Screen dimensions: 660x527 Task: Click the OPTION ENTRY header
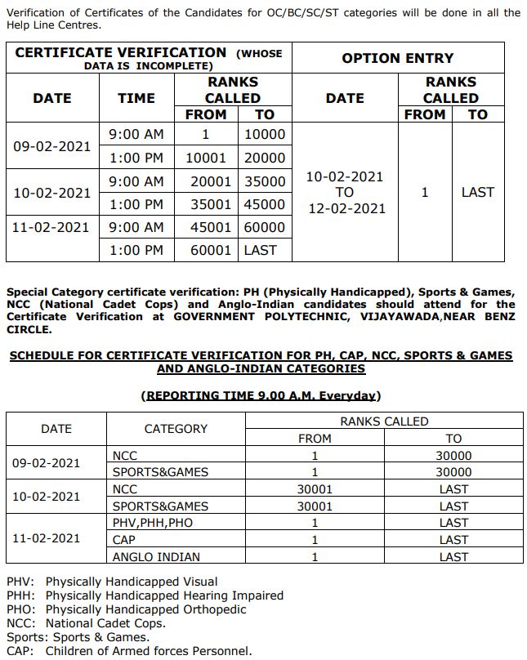coord(397,58)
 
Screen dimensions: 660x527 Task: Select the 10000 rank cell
coord(265,135)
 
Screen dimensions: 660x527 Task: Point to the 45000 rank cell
coord(265,204)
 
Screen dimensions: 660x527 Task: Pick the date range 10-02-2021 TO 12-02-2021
coord(345,192)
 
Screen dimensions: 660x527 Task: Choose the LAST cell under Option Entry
coord(477,192)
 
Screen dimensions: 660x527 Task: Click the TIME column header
coord(136,98)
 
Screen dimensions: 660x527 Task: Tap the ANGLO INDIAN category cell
coord(156,557)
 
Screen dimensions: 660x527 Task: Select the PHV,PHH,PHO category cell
coord(153,523)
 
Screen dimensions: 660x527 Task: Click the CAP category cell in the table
coord(124,540)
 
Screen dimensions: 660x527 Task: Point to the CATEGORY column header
coord(176,429)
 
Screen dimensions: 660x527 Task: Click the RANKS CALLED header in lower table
coord(384,421)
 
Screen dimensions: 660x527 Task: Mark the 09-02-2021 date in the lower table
coord(46,463)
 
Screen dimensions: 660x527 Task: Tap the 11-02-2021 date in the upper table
coord(51,227)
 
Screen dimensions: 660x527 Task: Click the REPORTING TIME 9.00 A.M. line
coord(261,395)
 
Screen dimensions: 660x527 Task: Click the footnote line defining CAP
coord(129,651)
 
